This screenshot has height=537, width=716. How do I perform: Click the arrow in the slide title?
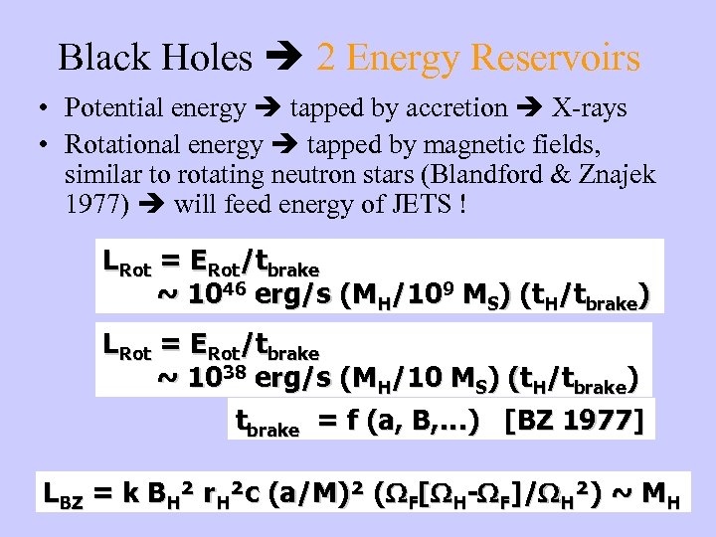(284, 58)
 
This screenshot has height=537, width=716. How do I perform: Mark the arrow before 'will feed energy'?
(153, 209)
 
